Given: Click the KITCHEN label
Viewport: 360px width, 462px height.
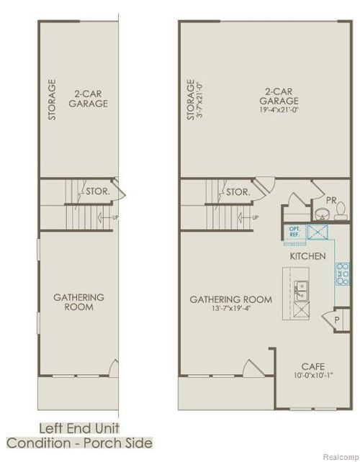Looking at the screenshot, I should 307,256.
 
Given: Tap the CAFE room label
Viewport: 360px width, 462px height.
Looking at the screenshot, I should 312,366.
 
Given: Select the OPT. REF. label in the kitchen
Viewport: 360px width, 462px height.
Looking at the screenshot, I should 294,232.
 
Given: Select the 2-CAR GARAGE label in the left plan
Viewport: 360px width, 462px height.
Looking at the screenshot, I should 89,98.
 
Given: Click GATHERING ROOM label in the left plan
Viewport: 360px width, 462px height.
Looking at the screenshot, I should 79,302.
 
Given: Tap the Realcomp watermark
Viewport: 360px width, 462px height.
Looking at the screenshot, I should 338,455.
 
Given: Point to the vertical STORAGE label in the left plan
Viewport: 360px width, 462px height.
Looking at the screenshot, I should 52,99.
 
